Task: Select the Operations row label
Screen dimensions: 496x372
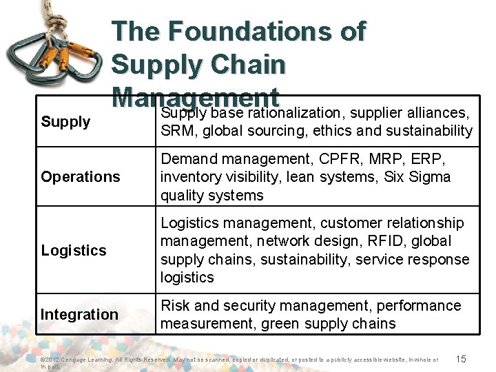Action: coord(81,177)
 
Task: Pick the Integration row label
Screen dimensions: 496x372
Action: coord(79,315)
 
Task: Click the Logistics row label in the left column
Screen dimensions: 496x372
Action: coord(74,250)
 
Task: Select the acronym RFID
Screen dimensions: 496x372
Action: coord(395,241)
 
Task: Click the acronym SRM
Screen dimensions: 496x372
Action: coord(176,131)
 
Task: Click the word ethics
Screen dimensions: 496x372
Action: coord(341,131)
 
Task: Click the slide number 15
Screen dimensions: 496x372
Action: coord(461,358)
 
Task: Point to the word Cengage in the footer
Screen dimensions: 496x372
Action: coord(79,359)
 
